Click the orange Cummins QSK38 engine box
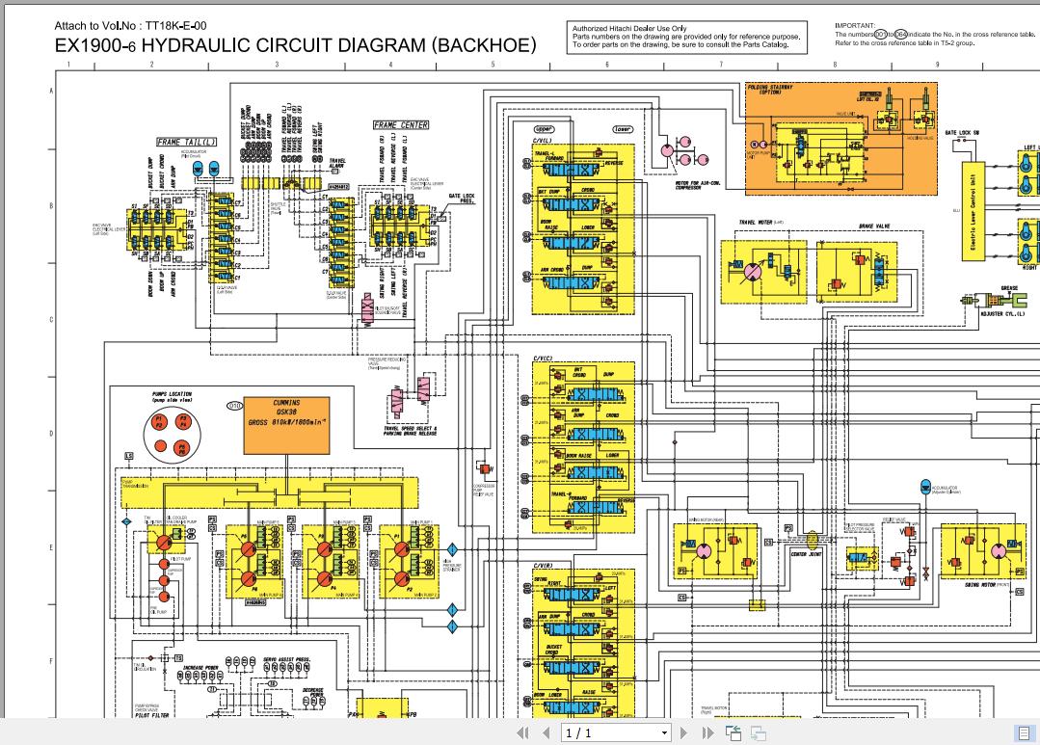coord(287,424)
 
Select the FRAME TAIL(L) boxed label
coord(187,143)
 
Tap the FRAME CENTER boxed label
coord(401,125)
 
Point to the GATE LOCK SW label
coord(961,133)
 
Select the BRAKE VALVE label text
coord(874,227)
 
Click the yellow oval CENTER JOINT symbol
coord(812,542)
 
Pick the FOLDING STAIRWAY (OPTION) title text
coord(770,90)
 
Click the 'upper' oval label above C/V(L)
coord(544,129)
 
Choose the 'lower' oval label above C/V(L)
coord(622,129)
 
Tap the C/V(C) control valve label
coord(543,359)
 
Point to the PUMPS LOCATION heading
coord(172,394)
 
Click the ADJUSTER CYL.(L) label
coord(1002,313)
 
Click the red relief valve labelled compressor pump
coord(485,468)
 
